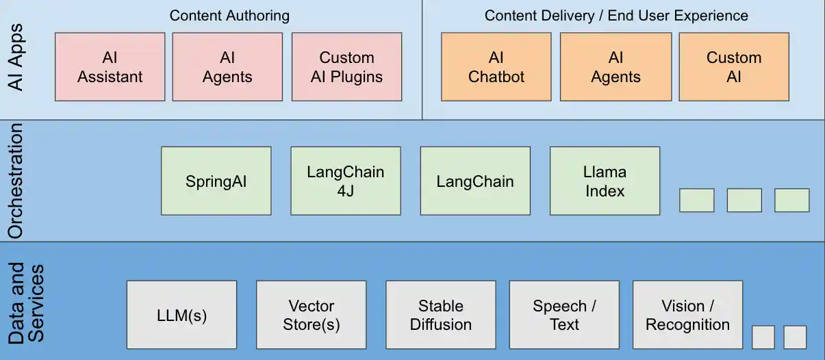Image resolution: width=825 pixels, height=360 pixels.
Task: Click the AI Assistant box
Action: tap(110, 67)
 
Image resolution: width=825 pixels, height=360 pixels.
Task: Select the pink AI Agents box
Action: tap(227, 67)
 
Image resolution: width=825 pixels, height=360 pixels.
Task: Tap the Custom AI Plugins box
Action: tap(346, 67)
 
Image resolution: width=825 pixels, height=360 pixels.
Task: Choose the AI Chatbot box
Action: tap(496, 67)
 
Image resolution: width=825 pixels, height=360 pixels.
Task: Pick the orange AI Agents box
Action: tap(615, 67)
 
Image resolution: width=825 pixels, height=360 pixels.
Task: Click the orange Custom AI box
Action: tap(734, 67)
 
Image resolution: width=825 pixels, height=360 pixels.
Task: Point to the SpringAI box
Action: tap(216, 181)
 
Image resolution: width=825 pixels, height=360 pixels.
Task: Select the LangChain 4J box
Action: tap(345, 181)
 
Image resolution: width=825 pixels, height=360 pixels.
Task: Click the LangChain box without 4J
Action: tap(474, 181)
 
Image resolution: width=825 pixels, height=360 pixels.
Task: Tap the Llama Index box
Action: tap(605, 181)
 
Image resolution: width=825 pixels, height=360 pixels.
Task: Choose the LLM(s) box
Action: tap(181, 315)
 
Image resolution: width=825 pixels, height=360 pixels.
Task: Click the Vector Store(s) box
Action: tap(311, 315)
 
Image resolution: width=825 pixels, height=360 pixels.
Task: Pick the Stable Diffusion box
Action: tap(440, 315)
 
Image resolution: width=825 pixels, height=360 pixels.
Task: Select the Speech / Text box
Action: tap(564, 315)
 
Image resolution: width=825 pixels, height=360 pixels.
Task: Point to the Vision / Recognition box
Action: tap(687, 315)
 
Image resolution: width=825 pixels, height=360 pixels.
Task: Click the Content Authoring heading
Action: tap(229, 15)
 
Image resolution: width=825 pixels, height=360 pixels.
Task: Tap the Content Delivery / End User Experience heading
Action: tap(616, 15)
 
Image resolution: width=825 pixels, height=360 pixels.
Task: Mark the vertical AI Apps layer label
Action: tap(16, 57)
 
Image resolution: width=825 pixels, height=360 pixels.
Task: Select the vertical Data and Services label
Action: tap(26, 303)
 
